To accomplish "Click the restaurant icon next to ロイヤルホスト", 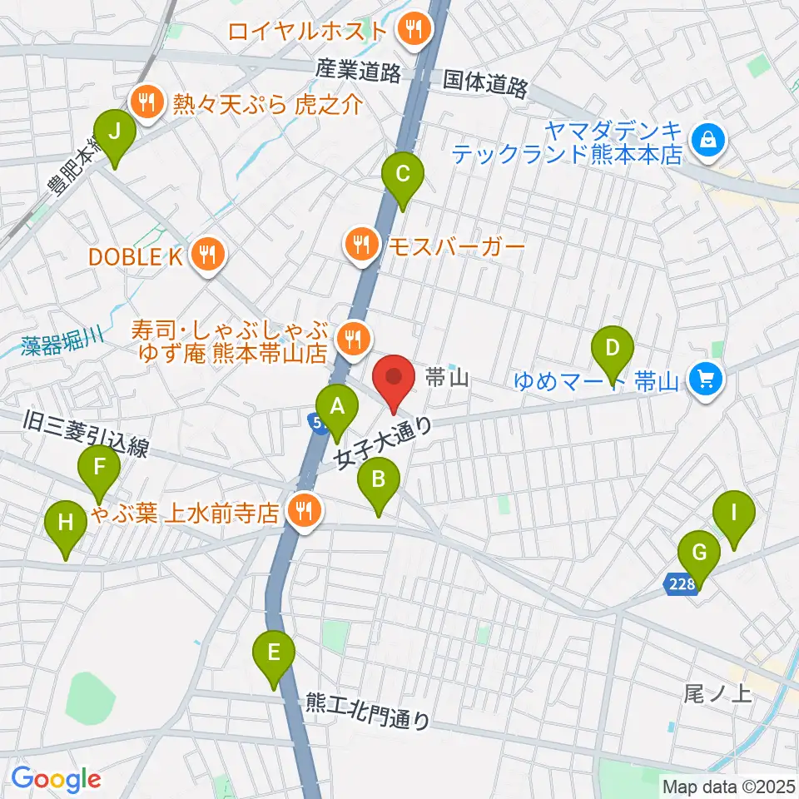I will (x=412, y=31).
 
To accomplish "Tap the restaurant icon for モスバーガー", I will (x=361, y=245).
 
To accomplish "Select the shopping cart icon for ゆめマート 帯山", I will (x=707, y=380).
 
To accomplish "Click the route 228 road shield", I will (x=680, y=586).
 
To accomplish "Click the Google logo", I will (x=56, y=779).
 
